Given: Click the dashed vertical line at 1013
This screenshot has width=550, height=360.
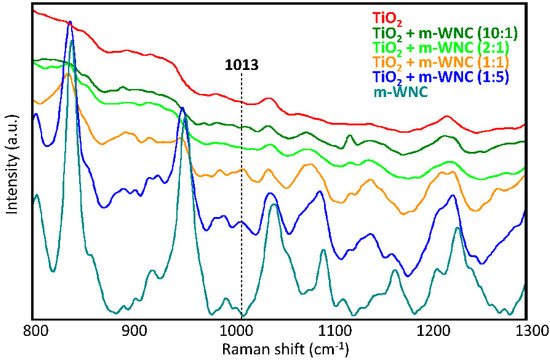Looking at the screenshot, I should (x=241, y=200).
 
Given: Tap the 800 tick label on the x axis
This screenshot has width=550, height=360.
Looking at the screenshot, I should (x=36, y=328).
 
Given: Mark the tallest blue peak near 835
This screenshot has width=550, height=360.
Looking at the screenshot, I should (x=69, y=22).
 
